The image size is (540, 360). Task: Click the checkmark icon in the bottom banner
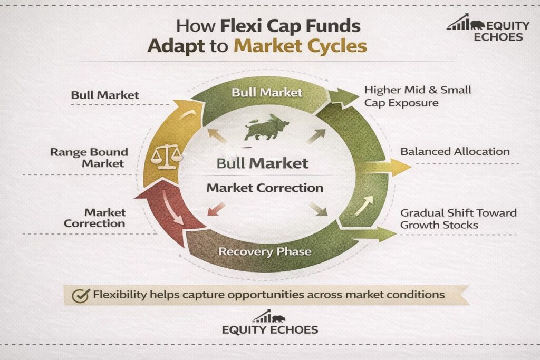coord(81,295)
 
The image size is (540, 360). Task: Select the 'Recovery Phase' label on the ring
coord(265,251)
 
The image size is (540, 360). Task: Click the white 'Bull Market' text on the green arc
coord(267,92)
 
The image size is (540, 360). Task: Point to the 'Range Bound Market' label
coord(89,158)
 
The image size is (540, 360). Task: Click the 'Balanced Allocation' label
coord(455,151)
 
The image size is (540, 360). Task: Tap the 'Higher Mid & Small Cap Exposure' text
coord(418,96)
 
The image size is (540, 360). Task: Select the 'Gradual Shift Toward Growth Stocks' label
coord(458,219)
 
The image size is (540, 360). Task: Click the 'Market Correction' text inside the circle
coord(265,188)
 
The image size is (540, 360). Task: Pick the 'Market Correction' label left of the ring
coord(95,218)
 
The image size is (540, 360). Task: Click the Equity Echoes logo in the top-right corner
coord(488,27)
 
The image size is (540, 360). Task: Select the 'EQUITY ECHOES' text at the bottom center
coord(270,330)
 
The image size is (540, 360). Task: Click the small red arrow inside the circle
coord(216,209)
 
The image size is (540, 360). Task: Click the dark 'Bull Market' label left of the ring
coord(105,95)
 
